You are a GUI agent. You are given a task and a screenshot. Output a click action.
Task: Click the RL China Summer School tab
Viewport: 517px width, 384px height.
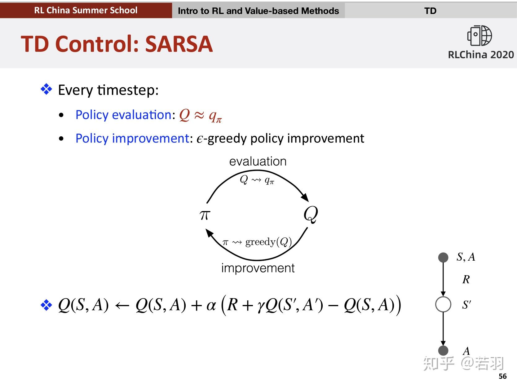[x=86, y=10]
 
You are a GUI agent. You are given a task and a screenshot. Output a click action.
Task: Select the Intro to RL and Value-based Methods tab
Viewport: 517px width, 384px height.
[x=258, y=11]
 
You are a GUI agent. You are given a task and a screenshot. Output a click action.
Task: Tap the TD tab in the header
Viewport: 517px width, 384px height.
[x=431, y=11]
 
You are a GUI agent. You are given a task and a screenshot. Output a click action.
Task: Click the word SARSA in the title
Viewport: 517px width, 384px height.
[x=179, y=44]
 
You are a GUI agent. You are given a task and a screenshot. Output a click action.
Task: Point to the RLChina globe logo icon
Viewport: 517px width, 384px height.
[x=479, y=36]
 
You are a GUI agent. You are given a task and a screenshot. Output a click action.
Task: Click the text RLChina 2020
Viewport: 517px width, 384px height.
[x=481, y=55]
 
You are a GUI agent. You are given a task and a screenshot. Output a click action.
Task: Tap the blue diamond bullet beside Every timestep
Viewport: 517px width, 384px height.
[x=46, y=89]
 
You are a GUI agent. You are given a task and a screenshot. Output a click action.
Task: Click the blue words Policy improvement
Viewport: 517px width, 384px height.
[x=132, y=138]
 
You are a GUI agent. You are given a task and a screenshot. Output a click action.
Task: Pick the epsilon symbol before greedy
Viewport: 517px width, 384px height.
[x=200, y=139]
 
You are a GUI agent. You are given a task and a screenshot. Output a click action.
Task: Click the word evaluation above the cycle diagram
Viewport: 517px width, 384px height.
[x=258, y=161]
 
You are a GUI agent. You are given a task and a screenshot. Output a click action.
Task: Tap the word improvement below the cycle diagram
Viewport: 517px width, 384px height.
[x=258, y=268]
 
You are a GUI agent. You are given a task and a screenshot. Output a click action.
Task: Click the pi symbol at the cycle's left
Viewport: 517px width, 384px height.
[x=205, y=215]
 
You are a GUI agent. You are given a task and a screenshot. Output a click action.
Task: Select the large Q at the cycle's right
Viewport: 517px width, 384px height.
[x=311, y=214]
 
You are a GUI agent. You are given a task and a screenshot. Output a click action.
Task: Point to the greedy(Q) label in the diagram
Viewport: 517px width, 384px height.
[x=268, y=242]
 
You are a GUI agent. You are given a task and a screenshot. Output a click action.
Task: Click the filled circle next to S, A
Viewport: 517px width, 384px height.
[x=443, y=258]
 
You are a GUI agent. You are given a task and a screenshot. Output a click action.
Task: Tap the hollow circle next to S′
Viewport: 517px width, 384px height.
[x=443, y=304]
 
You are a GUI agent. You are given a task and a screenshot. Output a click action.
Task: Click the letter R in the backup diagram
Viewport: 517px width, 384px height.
[x=466, y=279]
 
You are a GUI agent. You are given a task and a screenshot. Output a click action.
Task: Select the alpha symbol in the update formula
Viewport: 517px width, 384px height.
[x=211, y=306]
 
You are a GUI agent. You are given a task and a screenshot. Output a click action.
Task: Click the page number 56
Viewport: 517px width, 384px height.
[x=502, y=376]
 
